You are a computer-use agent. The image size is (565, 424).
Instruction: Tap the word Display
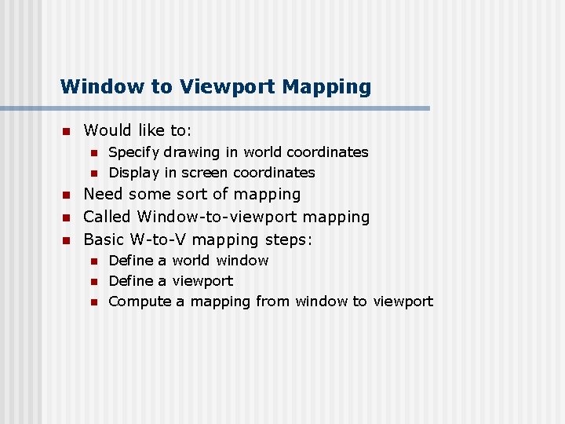tap(132, 173)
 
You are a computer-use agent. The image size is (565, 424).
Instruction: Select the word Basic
tap(105, 239)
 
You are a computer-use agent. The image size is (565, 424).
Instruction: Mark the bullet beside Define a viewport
tap(92, 281)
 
